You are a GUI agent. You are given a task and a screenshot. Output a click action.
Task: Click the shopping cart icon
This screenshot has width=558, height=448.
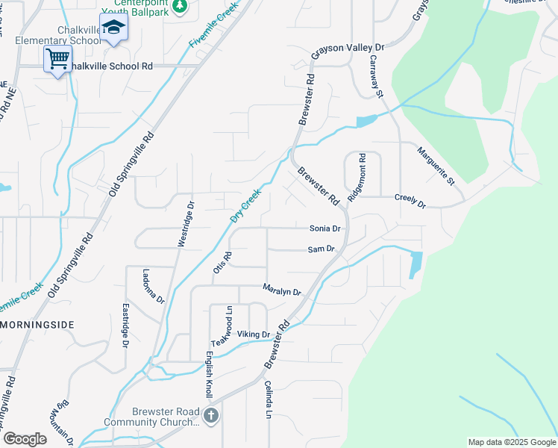pos(57,58)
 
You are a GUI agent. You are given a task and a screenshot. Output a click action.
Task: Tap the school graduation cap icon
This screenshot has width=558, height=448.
pos(113,28)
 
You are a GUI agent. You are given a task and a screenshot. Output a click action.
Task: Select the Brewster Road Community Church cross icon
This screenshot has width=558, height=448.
pos(211,415)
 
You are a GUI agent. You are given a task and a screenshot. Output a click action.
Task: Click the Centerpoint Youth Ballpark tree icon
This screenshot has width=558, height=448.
pos(179,6)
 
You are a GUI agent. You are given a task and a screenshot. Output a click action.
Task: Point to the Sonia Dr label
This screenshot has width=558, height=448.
pos(325,228)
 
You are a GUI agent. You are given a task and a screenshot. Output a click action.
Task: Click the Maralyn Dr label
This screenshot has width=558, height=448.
pos(280,290)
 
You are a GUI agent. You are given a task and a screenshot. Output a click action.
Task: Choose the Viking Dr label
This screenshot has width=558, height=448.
pos(252,334)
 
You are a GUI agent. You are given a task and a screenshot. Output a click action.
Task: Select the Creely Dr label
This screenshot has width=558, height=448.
pos(410,202)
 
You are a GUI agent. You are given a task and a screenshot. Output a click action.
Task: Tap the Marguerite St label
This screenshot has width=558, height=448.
pos(436,166)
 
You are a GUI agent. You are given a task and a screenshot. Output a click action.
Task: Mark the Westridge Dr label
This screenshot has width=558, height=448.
pos(185,223)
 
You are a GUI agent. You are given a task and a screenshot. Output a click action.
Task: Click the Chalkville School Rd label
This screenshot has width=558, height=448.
pos(109,66)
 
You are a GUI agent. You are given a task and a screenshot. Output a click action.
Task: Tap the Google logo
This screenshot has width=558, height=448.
pos(25,439)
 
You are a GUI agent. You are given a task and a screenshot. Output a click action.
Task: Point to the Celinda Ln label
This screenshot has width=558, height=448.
pos(268,399)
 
